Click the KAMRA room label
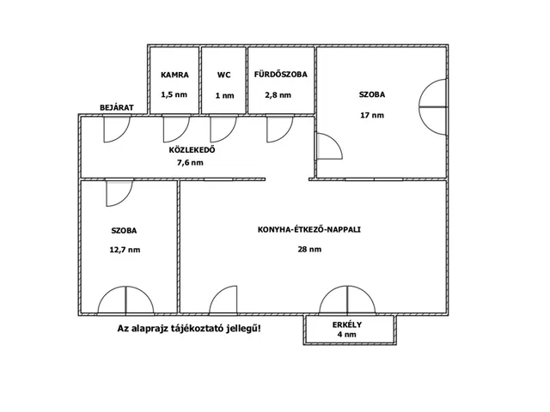point(174,75)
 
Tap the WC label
point(223,75)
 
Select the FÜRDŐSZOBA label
point(281,75)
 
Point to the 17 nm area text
point(372,115)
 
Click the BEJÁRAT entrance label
point(117,107)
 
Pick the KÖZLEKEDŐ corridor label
point(192,150)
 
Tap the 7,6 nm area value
point(191,162)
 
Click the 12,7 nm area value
point(125,250)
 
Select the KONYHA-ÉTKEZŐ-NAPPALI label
point(309,230)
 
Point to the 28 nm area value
point(309,250)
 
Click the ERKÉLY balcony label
point(347,324)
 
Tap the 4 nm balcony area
point(347,335)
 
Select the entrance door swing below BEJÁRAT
point(117,130)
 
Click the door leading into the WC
point(223,130)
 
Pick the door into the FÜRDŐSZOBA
point(279,130)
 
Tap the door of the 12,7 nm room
point(119,193)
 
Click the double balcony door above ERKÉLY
point(347,300)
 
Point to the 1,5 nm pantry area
point(174,94)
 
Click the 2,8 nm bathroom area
point(278,95)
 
